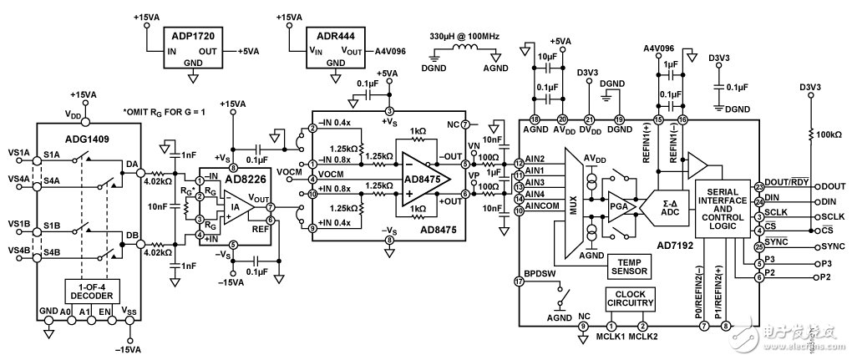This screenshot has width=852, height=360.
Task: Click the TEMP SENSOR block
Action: pyautogui.click(x=630, y=265)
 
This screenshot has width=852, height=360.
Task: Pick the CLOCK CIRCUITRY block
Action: pyautogui.click(x=631, y=298)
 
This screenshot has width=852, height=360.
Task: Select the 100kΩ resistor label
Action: pyautogui.click(x=827, y=134)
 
